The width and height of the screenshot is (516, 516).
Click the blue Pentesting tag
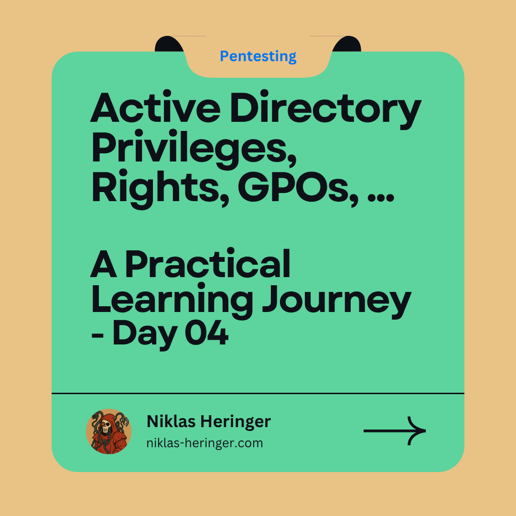[x=258, y=56]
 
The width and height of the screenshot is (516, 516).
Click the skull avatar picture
[x=109, y=431]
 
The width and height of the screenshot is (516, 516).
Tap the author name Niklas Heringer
[x=208, y=421]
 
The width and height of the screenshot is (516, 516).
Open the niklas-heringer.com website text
[x=204, y=443]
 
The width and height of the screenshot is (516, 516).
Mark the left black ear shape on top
[x=170, y=44]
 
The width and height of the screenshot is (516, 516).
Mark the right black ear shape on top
[x=346, y=44]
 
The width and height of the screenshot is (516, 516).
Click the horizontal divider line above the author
[x=258, y=393]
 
